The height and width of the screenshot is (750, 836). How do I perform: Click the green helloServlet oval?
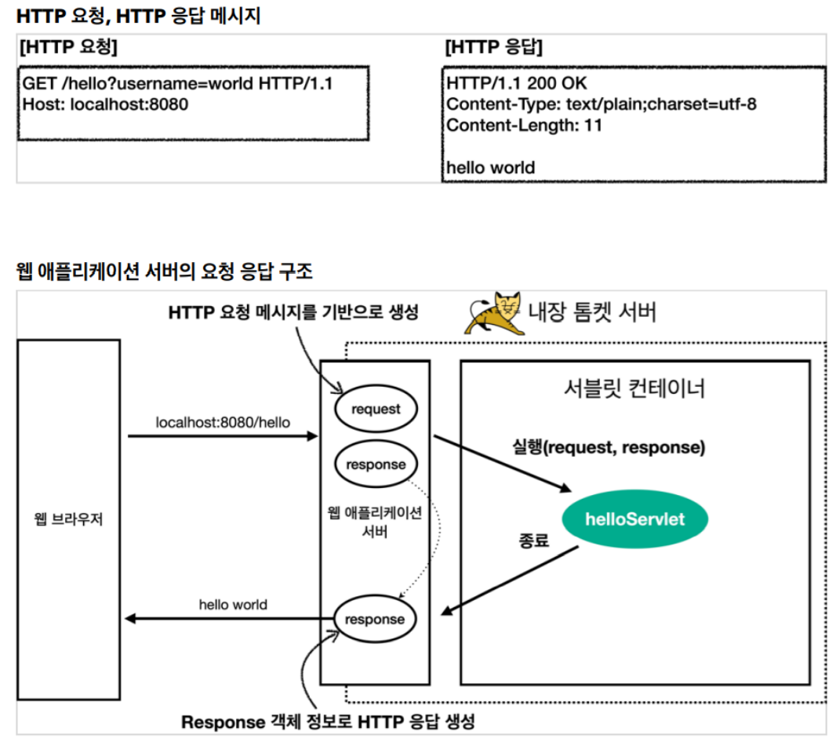coord(634,519)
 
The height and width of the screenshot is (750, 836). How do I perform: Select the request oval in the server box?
coord(376,409)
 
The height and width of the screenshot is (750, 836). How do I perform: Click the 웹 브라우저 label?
coord(68,519)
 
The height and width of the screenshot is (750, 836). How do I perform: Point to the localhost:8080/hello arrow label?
coord(223,422)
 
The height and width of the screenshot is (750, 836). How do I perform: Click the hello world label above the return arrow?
coord(233,605)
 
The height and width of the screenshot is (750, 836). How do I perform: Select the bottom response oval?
coord(375,620)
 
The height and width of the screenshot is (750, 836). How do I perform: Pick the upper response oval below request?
coord(376,464)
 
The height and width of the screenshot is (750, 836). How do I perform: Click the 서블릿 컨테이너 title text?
coord(634,388)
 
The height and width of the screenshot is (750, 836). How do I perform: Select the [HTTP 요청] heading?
coord(68,47)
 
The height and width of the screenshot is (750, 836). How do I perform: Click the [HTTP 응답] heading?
coord(493,47)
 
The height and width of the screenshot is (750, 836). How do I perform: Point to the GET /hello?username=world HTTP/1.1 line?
coord(177,83)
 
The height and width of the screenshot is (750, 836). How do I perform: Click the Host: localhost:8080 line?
coord(106,104)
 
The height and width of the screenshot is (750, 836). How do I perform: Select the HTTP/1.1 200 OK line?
coord(516,83)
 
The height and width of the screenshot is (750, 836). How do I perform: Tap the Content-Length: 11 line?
coord(524,125)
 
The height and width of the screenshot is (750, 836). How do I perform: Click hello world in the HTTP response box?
coord(490,167)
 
